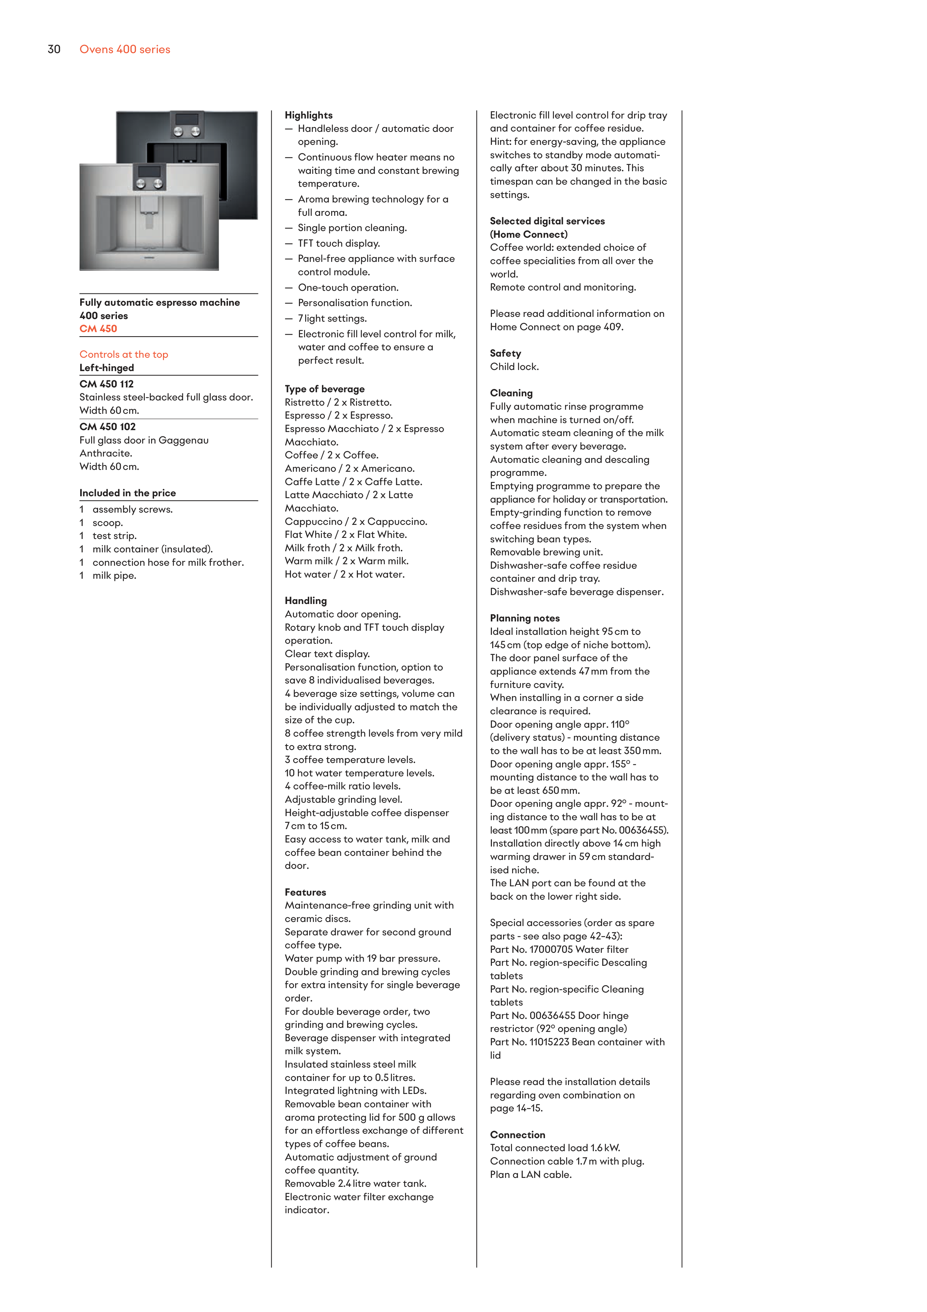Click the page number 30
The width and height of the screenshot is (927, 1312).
[x=54, y=50]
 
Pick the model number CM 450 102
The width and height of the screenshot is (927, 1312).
[x=107, y=427]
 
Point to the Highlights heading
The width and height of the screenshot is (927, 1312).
[x=309, y=116]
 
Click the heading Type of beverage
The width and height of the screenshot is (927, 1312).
[x=324, y=389]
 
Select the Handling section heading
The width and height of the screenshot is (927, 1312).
[x=306, y=601]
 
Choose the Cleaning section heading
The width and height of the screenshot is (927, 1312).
[x=511, y=393]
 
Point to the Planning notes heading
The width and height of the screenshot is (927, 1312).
[x=524, y=618]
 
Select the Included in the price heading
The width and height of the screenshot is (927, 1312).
[x=127, y=493]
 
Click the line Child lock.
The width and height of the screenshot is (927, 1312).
[x=514, y=367]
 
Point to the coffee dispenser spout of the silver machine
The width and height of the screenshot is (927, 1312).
[x=150, y=220]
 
